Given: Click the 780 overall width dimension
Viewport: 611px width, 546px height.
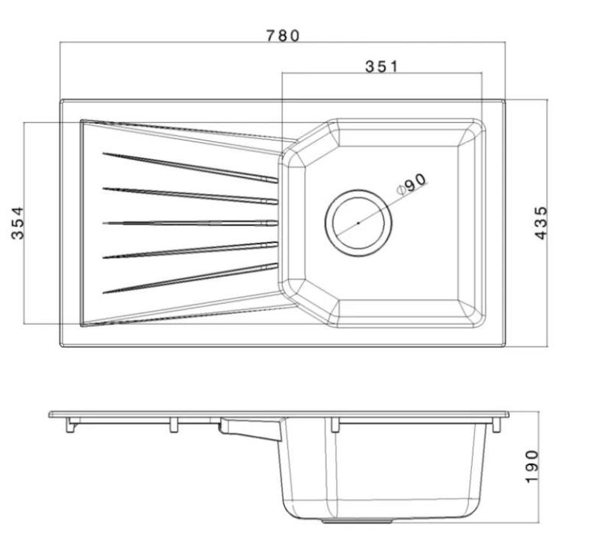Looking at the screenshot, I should tap(283, 35).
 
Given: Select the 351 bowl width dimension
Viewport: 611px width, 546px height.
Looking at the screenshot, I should tap(381, 66).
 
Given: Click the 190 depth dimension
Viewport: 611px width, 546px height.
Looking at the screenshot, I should tap(532, 466).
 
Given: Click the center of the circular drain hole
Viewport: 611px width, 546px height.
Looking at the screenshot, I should tap(358, 222).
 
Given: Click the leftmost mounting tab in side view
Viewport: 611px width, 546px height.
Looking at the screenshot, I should tap(71, 425).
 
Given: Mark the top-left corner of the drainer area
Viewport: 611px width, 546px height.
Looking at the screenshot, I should tap(82, 121).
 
